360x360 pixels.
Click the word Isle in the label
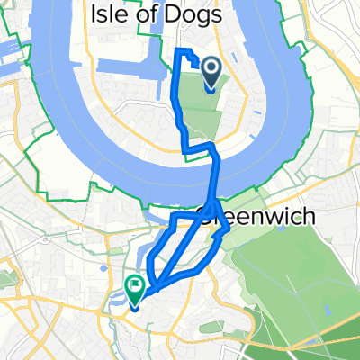click(108, 14)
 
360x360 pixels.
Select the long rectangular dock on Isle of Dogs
click(130, 67)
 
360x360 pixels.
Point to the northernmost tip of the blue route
click(180, 48)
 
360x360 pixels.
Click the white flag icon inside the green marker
click(135, 288)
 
